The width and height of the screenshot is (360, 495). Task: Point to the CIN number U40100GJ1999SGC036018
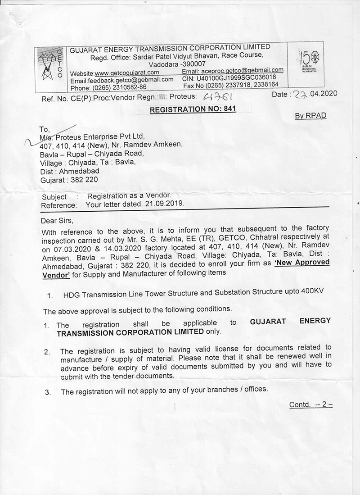tap(238, 77)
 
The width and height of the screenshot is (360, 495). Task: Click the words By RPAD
tap(310, 116)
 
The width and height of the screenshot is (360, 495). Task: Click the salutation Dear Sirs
tap(56, 221)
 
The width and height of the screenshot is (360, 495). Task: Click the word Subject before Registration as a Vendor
tap(54, 197)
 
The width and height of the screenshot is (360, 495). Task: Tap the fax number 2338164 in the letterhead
tap(263, 84)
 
